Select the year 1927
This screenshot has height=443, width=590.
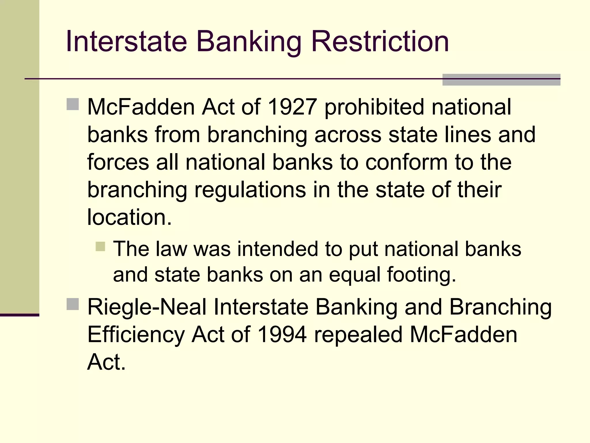point(292,107)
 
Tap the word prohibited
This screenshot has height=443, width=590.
point(374,107)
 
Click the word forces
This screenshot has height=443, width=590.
point(118,162)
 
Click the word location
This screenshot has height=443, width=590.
point(129,217)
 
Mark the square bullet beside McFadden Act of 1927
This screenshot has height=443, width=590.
point(73,104)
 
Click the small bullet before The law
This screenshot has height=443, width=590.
point(100,247)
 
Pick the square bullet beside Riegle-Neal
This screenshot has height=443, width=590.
point(73,304)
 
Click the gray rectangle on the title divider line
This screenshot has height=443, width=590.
point(501,80)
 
